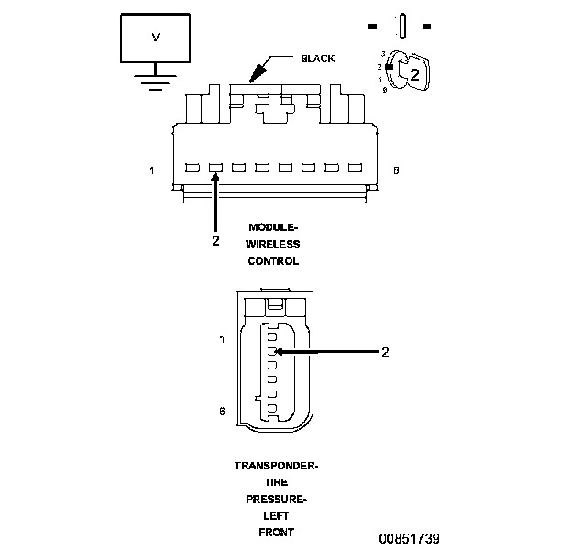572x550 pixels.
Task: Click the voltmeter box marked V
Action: click(156, 38)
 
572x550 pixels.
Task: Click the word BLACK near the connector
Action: click(317, 59)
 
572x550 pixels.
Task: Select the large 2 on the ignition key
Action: click(414, 75)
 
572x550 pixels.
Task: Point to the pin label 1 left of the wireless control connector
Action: click(152, 170)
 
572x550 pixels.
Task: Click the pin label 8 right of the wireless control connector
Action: click(396, 170)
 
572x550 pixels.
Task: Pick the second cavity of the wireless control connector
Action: click(215, 168)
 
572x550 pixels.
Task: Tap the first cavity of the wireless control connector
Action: click(192, 168)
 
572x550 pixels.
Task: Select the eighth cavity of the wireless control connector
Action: click(355, 168)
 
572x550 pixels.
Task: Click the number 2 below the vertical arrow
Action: click(215, 241)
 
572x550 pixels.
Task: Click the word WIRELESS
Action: click(273, 245)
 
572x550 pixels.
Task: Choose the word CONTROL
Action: click(273, 261)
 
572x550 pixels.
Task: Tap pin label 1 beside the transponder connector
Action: click(222, 339)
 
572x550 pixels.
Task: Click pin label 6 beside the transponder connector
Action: click(222, 412)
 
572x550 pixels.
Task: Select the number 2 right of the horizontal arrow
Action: click(385, 352)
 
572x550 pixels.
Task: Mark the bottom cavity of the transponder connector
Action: click(272, 408)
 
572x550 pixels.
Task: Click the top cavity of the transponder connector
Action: click(272, 336)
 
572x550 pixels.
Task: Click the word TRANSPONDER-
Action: click(276, 466)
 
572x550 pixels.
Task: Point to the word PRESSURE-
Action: click(276, 500)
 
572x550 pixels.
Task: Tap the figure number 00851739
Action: click(410, 539)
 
